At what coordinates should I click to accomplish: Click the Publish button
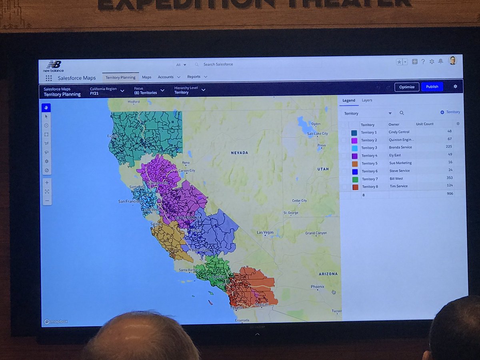point(432,87)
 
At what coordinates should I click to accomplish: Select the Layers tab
point(367,100)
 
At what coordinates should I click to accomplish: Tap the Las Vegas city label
point(265,232)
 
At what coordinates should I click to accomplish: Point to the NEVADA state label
point(239,153)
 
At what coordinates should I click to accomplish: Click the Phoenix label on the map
point(318,286)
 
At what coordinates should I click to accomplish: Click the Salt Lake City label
point(317,134)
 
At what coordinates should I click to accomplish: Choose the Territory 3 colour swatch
point(354,148)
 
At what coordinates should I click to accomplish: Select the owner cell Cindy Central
point(399,132)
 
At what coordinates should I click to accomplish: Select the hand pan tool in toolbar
point(46,108)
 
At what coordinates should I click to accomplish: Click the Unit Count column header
point(424,124)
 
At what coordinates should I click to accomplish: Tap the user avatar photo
point(452,61)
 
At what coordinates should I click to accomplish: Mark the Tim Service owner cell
point(398,186)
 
